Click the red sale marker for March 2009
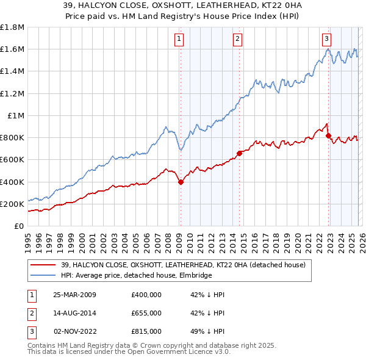181,182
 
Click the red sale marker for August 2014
239,153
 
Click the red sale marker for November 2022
328,135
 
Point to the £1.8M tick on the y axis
12,27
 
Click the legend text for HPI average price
135,276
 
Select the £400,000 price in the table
146,295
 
